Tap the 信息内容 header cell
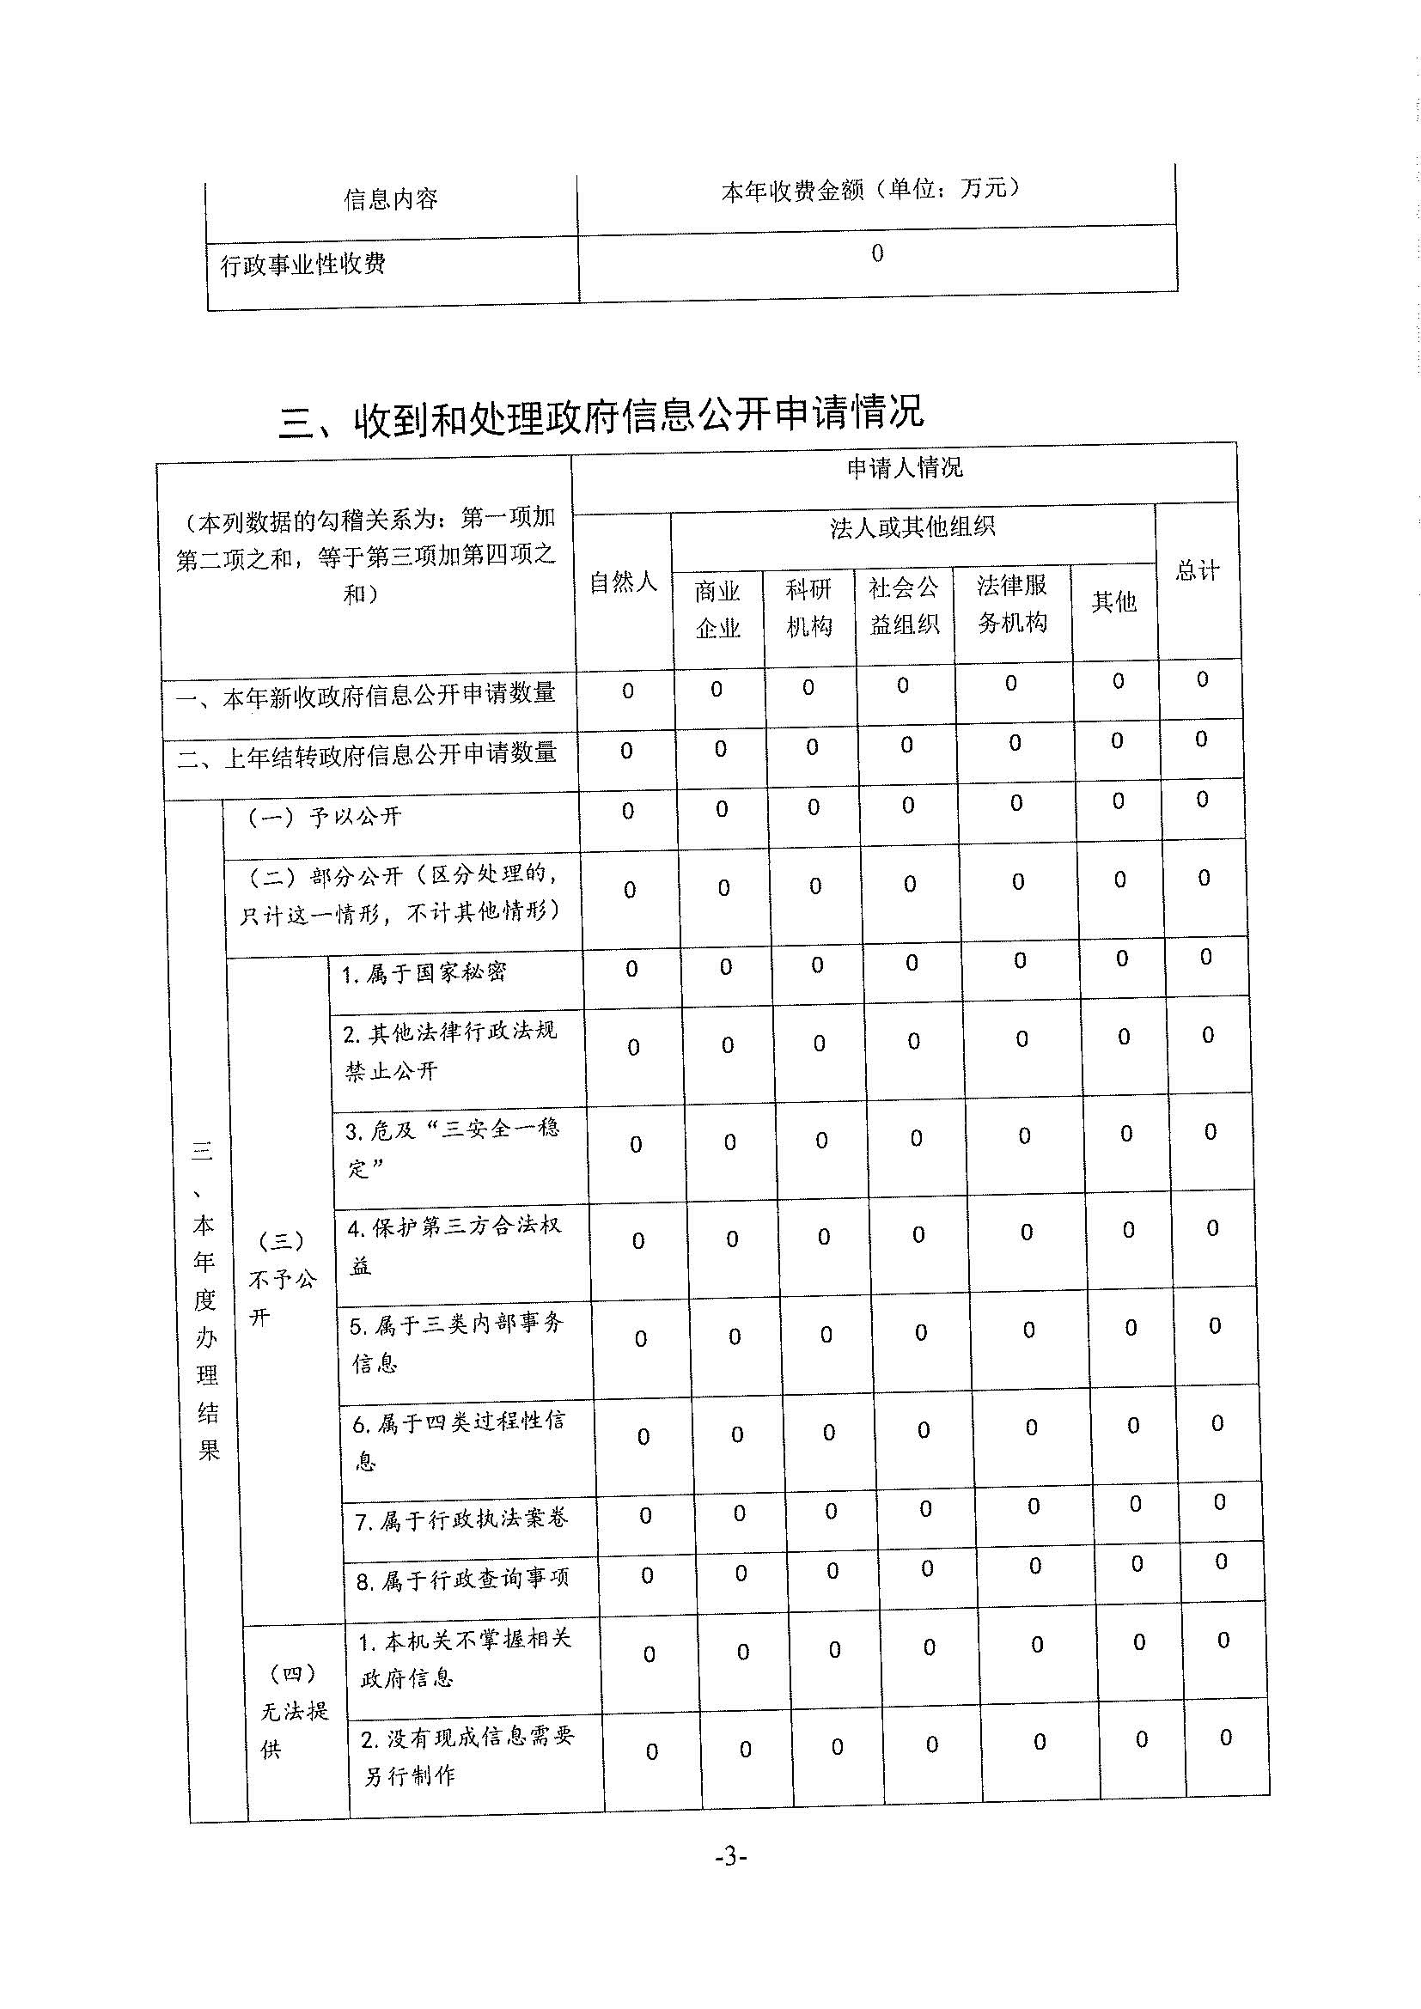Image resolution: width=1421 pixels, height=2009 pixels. coord(390,199)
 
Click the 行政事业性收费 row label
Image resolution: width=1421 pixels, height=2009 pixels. coord(302,264)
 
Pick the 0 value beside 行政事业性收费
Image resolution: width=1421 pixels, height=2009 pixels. coord(877,253)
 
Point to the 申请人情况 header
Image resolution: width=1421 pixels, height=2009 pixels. coord(905,468)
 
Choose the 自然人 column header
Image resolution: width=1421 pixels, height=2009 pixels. coord(623,581)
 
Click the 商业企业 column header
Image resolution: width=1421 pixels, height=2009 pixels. coord(717,610)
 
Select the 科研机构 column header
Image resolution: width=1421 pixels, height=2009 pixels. coord(808,608)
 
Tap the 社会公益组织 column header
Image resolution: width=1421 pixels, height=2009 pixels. coord(904,606)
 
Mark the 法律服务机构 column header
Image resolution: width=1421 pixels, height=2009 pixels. coord(1012,604)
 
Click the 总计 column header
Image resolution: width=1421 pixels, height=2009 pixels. coord(1197,571)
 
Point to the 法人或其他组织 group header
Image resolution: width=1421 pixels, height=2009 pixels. coord(912,527)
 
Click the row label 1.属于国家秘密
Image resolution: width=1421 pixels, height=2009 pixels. coord(424,973)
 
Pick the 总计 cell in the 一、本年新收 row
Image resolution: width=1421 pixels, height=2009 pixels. coord(1202,680)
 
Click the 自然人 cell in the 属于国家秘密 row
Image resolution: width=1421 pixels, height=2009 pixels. coord(631,969)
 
